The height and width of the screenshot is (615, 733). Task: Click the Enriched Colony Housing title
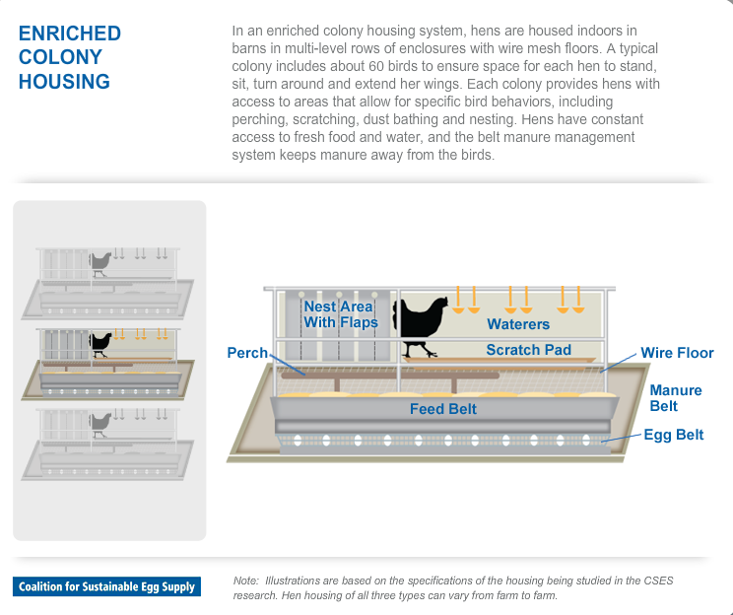(69, 57)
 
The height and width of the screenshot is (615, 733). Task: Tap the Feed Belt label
(443, 408)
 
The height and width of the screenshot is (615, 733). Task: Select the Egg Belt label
(674, 434)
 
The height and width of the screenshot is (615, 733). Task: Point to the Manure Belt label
(676, 398)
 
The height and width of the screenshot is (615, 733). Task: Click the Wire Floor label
(677, 353)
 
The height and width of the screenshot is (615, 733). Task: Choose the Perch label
(247, 352)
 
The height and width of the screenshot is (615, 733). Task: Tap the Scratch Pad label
(528, 350)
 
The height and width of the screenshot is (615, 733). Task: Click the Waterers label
(518, 323)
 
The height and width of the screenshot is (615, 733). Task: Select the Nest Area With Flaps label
(340, 314)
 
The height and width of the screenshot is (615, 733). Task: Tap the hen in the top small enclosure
(100, 262)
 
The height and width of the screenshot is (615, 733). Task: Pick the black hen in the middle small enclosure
(100, 342)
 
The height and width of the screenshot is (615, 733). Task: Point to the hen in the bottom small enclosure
(100, 423)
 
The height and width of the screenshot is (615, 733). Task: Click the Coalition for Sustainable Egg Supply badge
(106, 586)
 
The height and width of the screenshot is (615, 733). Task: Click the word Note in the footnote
(245, 581)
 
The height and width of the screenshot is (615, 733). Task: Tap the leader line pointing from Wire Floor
(620, 361)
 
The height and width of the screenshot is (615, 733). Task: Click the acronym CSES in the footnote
(655, 581)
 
